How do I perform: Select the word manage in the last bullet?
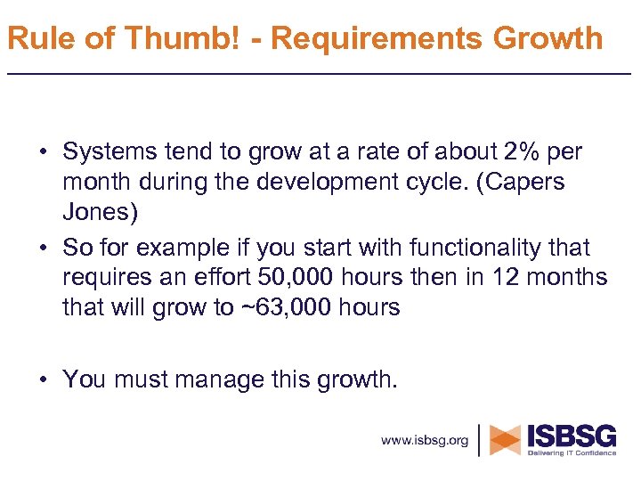[214, 379]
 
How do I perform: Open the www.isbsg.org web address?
[424, 440]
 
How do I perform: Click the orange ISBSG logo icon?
[505, 440]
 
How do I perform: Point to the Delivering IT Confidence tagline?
[572, 453]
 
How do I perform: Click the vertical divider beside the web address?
[481, 440]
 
